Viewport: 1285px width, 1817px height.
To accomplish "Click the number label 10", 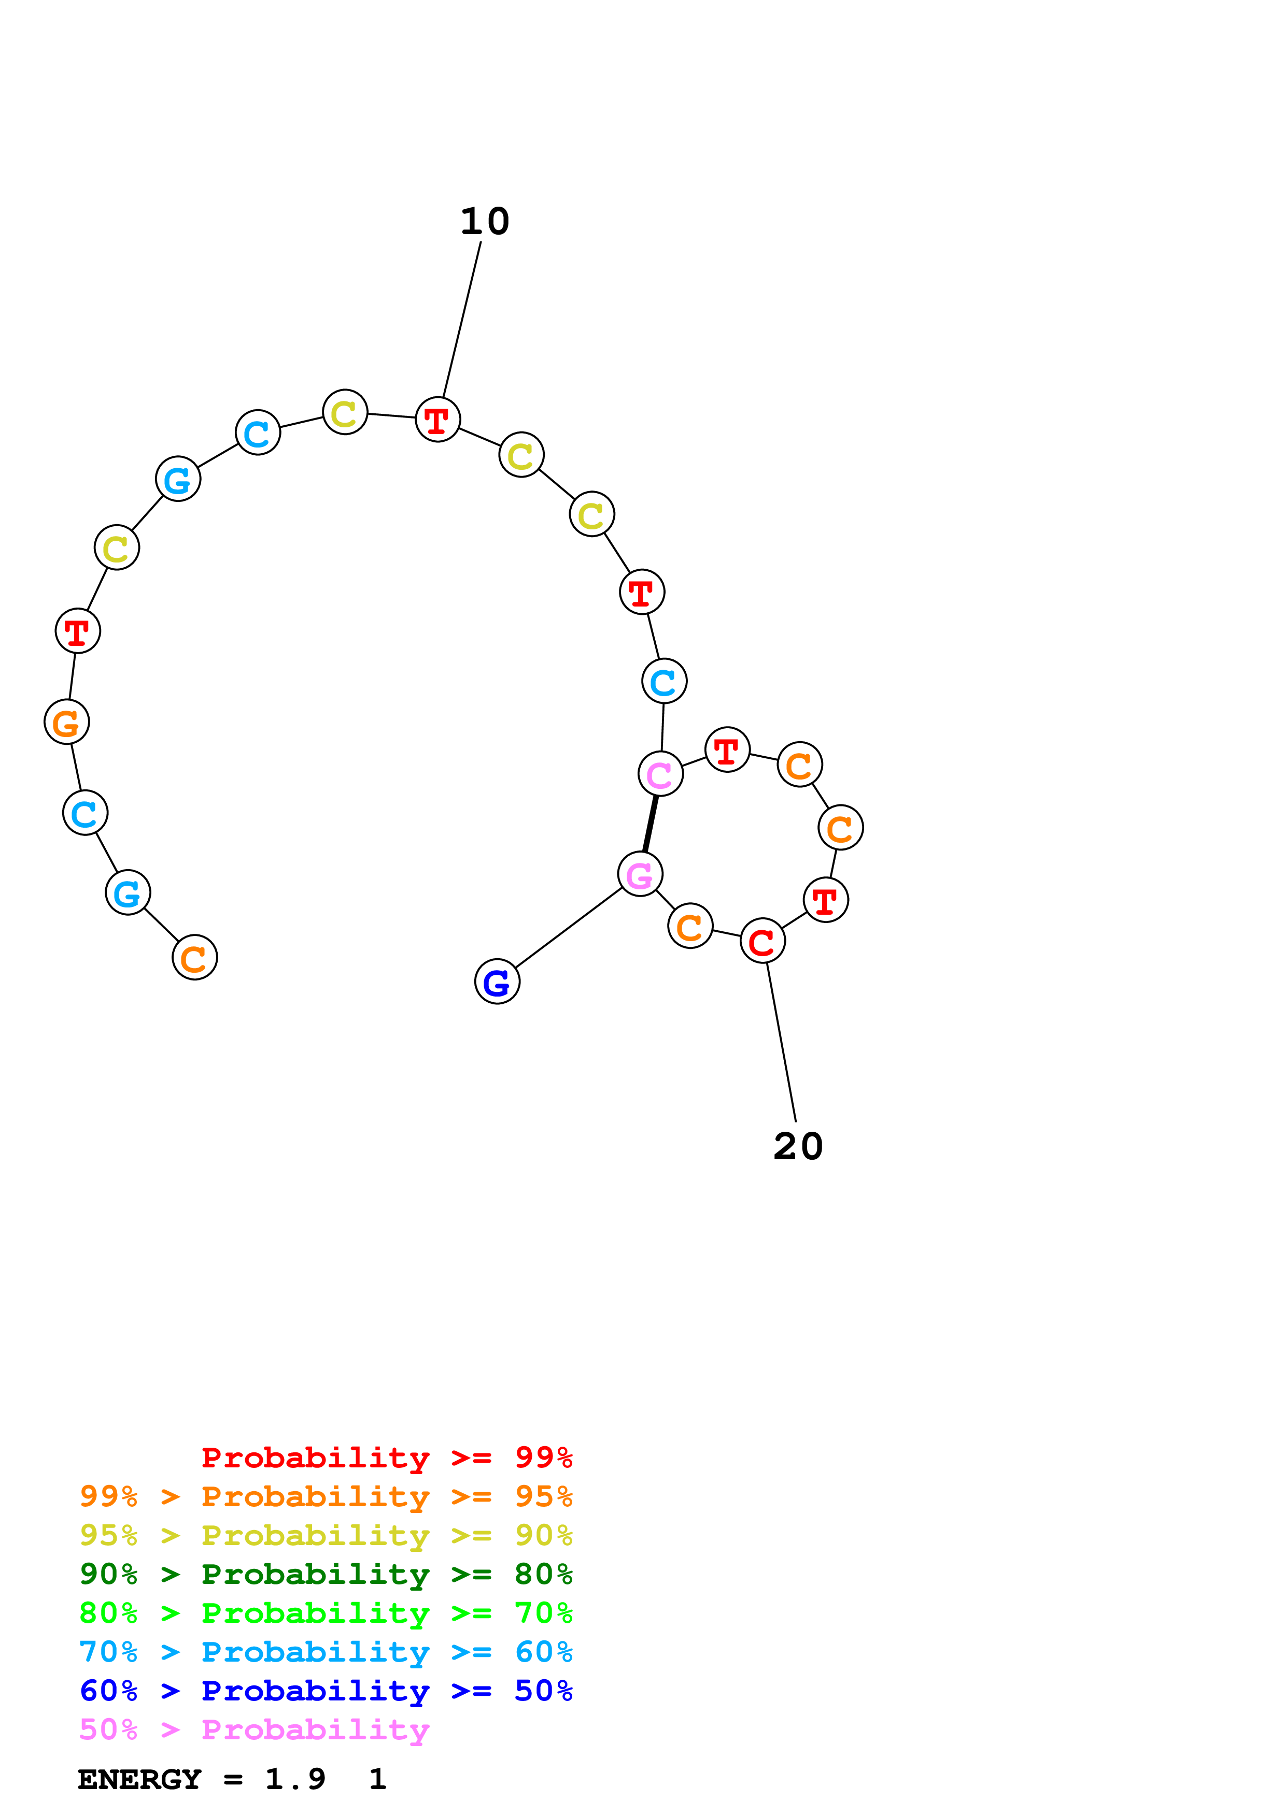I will coord(485,222).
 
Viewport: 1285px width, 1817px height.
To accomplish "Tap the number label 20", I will coord(798,1147).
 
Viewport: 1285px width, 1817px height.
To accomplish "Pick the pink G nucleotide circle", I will coord(640,874).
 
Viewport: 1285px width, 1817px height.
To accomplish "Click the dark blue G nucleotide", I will coord(497,982).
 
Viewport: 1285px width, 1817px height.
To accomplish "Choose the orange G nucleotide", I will coord(66,722).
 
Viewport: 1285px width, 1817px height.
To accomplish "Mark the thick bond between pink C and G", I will coord(650,825).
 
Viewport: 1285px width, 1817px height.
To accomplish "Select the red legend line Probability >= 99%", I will coord(386,1458).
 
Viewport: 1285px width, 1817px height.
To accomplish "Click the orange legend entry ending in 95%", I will coord(326,1496).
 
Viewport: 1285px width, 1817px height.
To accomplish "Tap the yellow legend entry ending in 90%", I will coord(326,1535).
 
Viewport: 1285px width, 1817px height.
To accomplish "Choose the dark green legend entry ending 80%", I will coord(326,1574).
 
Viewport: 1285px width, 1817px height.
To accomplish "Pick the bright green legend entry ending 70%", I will coord(326,1613).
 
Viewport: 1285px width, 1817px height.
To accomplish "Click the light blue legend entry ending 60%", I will coord(326,1652).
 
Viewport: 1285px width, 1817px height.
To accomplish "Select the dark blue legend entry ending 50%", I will coord(326,1691).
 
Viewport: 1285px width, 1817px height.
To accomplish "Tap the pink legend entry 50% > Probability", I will coord(253,1729).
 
